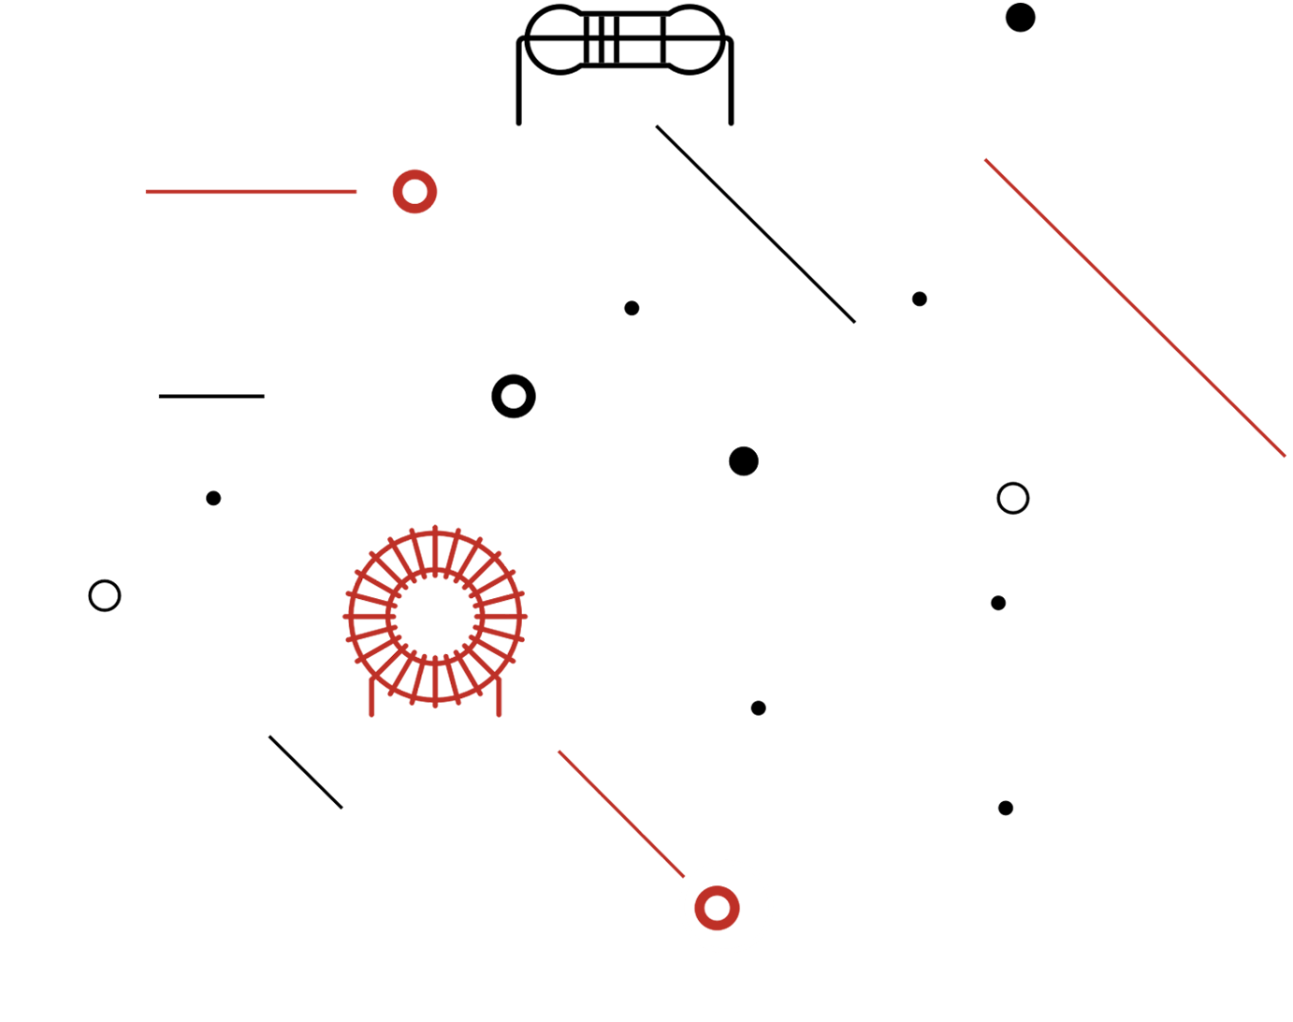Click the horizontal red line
pos(251,192)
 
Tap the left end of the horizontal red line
pos(147,192)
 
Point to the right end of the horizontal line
pos(356,192)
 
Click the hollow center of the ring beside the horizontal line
pos(414,191)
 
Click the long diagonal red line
pos(1134,307)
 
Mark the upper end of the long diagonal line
pos(986,160)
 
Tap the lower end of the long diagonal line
pos(1284,455)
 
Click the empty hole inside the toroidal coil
pos(435,615)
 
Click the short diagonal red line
pos(621,813)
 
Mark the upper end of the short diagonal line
pos(560,752)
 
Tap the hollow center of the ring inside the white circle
pos(717,907)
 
